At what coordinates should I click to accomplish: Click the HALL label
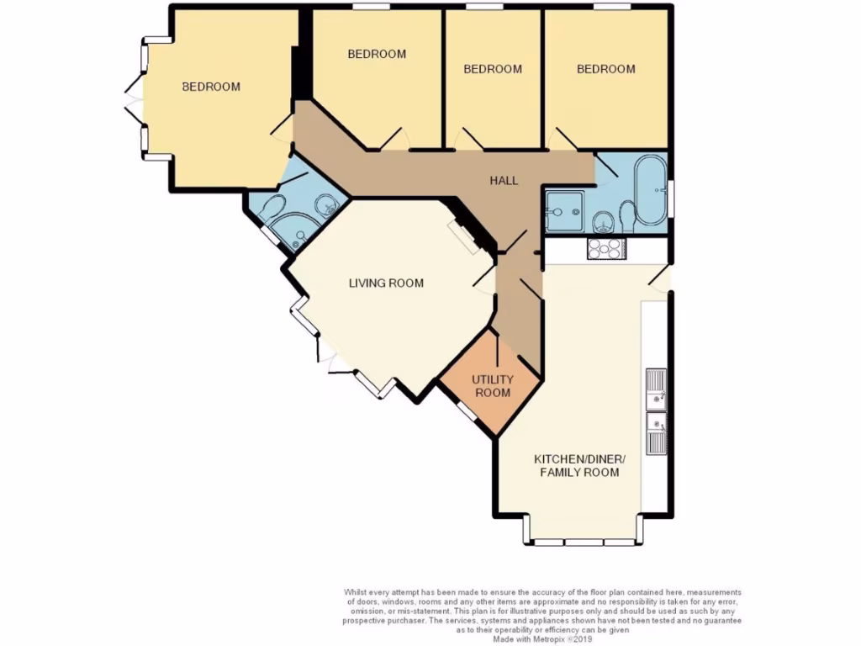click(x=504, y=181)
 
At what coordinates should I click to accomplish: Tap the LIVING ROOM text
click(x=386, y=283)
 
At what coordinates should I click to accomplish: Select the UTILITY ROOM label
click(x=492, y=386)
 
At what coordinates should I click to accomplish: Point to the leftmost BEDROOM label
click(x=212, y=87)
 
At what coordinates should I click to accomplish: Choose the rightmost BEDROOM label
click(x=605, y=69)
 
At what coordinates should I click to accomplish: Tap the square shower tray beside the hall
click(x=563, y=210)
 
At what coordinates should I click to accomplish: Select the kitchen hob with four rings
click(x=605, y=248)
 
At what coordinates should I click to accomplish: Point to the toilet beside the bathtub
click(x=626, y=218)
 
